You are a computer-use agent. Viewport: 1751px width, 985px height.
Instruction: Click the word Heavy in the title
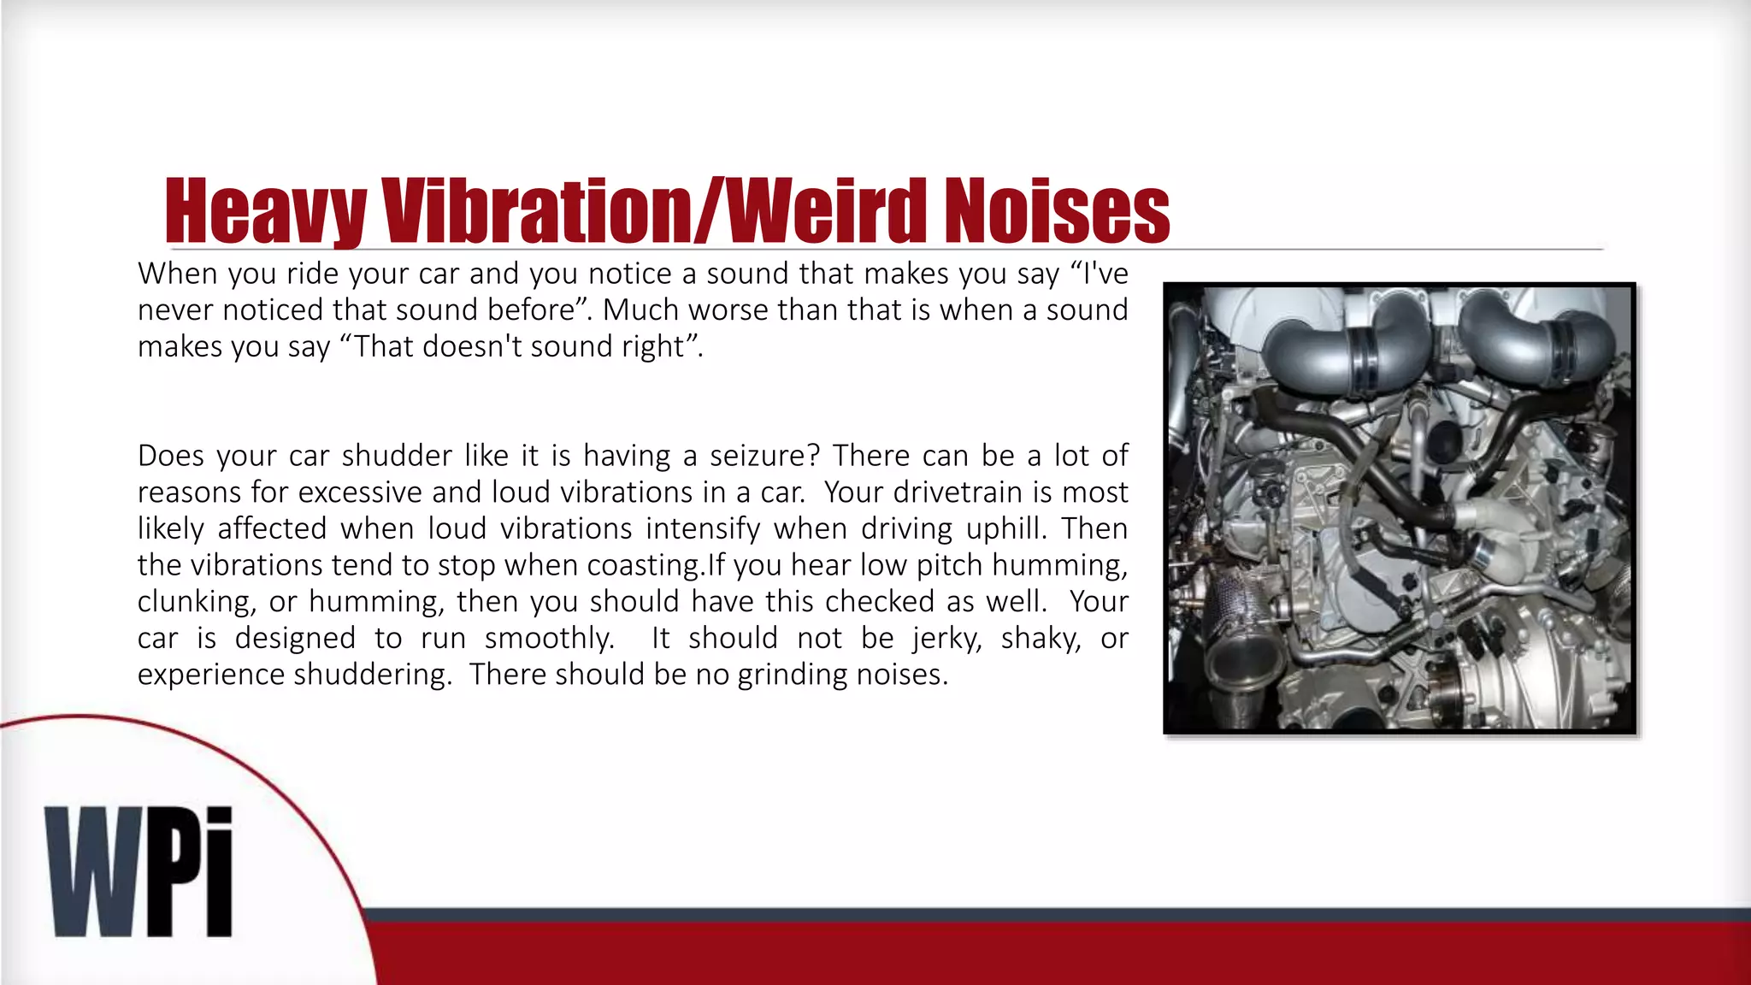pos(264,211)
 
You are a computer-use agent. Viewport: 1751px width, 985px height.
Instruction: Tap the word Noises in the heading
pos(1057,211)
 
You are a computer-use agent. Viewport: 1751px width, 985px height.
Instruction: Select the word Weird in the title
pos(828,211)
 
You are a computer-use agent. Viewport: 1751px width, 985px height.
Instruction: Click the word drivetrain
pos(958,492)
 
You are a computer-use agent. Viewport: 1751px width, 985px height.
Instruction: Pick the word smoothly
pos(549,639)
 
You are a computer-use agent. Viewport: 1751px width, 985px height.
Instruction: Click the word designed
pos(295,639)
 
